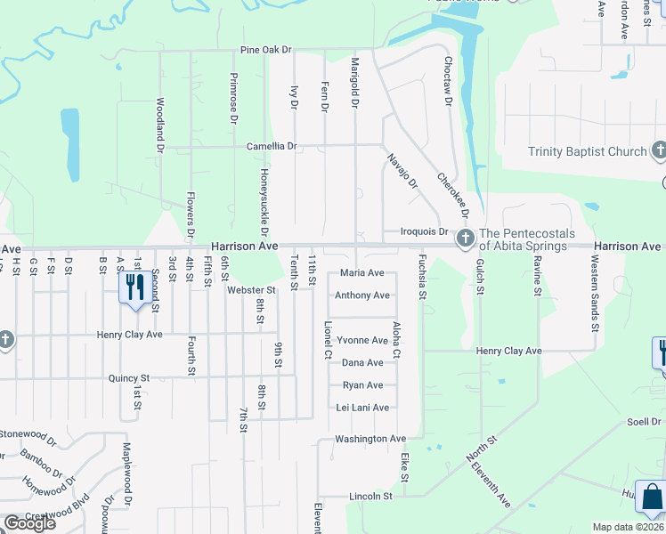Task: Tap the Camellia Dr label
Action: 272,146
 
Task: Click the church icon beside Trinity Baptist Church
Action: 659,150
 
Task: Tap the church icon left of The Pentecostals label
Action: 465,238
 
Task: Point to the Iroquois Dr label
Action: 423,231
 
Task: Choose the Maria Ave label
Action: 361,273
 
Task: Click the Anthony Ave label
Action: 361,295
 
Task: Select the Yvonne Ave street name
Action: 361,341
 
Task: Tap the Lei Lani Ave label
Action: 362,408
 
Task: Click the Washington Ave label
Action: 370,439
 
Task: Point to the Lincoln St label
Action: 370,496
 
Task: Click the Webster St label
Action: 250,290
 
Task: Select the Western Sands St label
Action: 594,290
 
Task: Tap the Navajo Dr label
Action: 402,172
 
